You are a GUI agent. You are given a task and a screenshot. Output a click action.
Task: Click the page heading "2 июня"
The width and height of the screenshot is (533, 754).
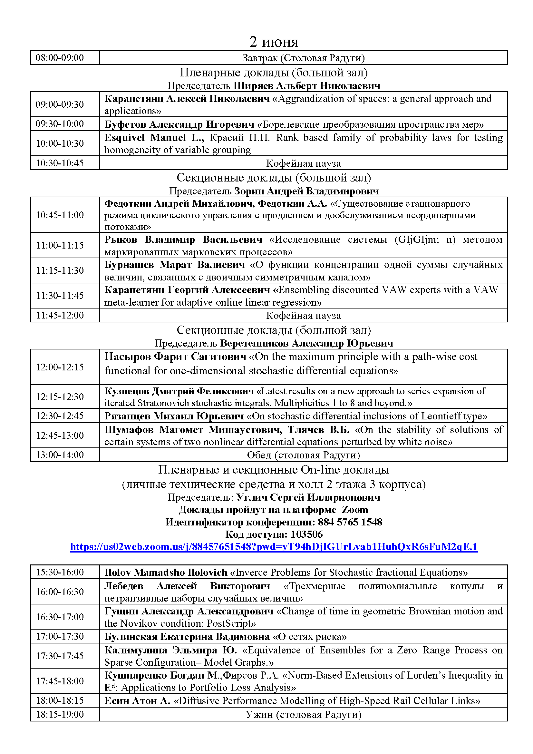coord(273,42)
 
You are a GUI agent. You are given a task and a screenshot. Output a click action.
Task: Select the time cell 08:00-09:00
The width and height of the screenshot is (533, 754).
coord(59,58)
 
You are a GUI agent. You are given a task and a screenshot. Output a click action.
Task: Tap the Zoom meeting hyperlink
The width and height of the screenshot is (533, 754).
coord(273,546)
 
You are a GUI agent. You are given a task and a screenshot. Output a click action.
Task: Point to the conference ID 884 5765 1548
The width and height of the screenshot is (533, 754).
coord(350,522)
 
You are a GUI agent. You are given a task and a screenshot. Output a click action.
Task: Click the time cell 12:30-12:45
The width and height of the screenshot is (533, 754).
coord(59,416)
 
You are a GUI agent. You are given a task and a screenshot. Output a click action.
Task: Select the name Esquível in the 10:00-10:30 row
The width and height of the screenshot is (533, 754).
coord(124,138)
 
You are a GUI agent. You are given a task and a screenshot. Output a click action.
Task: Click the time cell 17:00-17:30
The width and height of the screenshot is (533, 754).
coord(59,636)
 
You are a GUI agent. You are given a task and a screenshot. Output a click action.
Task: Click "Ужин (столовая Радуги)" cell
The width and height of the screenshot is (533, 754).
coord(303,715)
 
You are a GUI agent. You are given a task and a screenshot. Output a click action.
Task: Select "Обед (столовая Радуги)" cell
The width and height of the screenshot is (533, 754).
coord(303,455)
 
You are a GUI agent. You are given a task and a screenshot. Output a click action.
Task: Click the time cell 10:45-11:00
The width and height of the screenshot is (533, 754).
coord(59,215)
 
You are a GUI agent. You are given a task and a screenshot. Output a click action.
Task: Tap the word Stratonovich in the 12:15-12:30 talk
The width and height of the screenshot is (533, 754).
coord(163,403)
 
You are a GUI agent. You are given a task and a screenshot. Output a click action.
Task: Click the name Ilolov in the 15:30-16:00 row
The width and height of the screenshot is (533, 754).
coord(118,573)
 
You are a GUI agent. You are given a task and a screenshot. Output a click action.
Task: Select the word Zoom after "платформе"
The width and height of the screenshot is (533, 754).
coord(355,510)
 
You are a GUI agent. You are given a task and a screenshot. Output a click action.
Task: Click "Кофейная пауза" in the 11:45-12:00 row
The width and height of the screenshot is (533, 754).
coord(303,316)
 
